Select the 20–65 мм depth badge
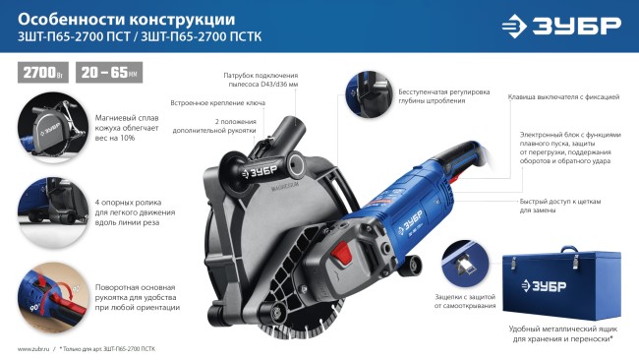tap(108, 72)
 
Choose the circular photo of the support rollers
tap(50, 210)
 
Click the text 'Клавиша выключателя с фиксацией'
tap(562, 97)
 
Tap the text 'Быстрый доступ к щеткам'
tap(559, 204)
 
